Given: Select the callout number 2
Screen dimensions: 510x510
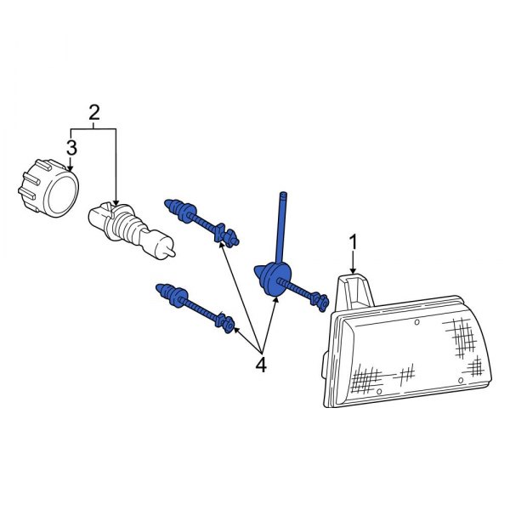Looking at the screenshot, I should click(x=93, y=111).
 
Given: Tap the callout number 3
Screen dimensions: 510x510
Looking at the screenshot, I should click(x=71, y=147).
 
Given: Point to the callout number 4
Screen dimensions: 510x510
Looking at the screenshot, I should click(x=261, y=365).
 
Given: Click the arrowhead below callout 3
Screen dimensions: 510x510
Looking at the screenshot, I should click(x=71, y=167).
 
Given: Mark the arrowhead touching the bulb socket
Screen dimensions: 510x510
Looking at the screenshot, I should click(x=116, y=206).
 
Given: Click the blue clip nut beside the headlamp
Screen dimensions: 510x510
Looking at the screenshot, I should click(x=320, y=298).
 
